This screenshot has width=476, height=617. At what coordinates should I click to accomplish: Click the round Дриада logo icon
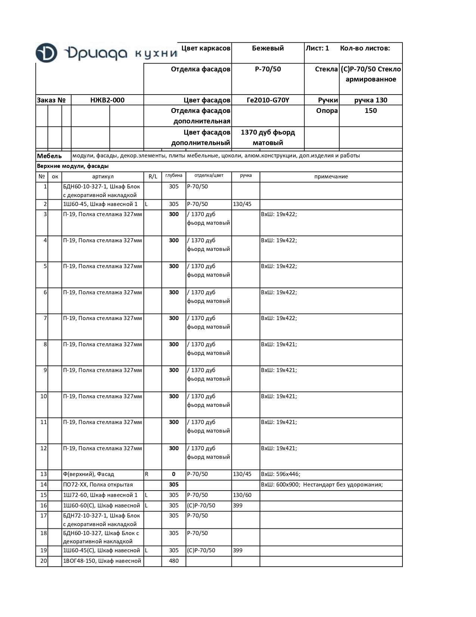tap(46, 53)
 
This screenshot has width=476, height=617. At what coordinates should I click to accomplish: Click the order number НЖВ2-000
tap(107, 100)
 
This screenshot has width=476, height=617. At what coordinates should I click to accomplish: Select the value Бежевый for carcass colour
tap(268, 48)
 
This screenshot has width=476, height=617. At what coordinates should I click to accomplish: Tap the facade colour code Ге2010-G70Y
tap(268, 100)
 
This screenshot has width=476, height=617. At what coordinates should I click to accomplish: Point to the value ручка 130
tap(370, 100)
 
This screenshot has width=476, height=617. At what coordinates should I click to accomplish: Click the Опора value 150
tap(370, 111)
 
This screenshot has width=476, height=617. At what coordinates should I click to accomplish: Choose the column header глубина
tap(174, 175)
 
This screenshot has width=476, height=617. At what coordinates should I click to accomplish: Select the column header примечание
tap(331, 176)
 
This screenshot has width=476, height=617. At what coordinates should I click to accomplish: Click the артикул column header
tap(103, 176)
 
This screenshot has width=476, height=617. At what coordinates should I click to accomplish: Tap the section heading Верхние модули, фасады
tap(73, 166)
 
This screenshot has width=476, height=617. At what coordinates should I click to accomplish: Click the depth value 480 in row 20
tap(174, 561)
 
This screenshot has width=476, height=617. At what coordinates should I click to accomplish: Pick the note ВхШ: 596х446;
tap(280, 474)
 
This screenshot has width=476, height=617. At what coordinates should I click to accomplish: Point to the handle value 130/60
tap(242, 495)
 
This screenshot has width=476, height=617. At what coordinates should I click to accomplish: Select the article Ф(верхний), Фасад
tap(88, 474)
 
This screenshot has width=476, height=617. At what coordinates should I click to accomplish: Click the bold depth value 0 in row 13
tap(174, 474)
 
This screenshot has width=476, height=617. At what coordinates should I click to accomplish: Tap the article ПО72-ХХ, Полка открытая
tap(98, 485)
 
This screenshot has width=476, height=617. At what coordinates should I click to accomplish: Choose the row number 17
tap(43, 516)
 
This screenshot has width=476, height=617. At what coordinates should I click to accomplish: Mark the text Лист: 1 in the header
tap(317, 48)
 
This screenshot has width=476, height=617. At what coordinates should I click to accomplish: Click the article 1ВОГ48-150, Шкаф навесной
tap(102, 561)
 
